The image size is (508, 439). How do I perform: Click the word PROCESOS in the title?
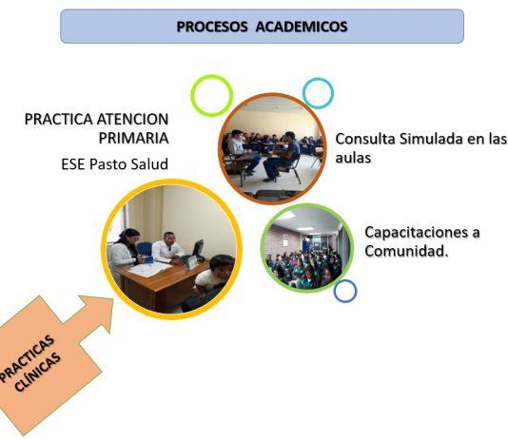(x=212, y=27)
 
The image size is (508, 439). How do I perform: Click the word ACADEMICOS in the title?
(x=302, y=27)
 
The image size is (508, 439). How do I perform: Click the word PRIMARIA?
(x=133, y=138)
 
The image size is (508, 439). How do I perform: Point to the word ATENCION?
(x=132, y=119)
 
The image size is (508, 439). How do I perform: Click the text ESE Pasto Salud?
(x=115, y=164)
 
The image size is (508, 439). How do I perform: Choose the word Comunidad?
(x=406, y=251)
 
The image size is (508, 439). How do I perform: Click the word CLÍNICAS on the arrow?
(x=38, y=372)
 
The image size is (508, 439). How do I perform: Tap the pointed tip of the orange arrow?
(x=113, y=298)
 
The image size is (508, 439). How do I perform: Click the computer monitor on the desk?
(x=198, y=249)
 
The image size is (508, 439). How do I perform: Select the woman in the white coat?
(x=124, y=249)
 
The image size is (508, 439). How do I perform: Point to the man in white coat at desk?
(x=166, y=247)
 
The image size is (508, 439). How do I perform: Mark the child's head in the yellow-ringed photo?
(x=222, y=267)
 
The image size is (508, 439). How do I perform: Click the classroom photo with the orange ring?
(x=272, y=149)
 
